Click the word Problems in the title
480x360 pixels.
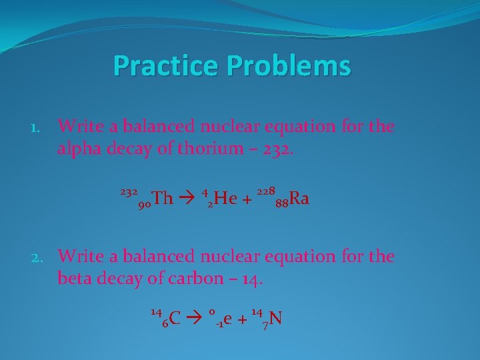(289, 66)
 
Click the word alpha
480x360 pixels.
(78, 148)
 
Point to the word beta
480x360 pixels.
(75, 278)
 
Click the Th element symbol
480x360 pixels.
(162, 198)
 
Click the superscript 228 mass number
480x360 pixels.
(265, 191)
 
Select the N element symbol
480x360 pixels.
(275, 319)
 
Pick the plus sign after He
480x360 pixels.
(246, 199)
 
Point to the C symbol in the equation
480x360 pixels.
(175, 319)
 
